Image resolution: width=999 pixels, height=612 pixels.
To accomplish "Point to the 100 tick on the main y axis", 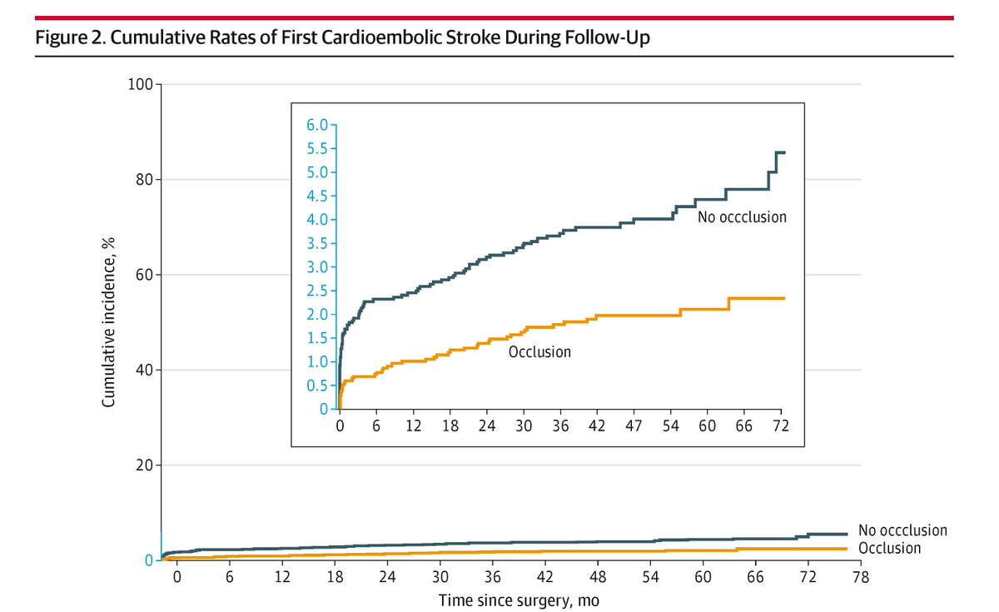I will point(142,84).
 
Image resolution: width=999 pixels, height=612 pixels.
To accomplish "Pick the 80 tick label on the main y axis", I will point(146,180).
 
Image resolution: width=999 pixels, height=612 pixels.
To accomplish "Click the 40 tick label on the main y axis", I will point(146,370).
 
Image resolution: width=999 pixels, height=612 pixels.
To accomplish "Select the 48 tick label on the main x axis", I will point(598,577).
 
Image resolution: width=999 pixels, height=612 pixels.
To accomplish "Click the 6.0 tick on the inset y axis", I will point(318,125).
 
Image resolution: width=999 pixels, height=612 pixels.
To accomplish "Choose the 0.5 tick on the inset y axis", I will point(318,386).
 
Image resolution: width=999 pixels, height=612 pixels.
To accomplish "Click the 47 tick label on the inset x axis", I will point(634,425).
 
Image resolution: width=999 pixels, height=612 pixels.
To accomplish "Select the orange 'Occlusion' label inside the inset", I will point(539,351).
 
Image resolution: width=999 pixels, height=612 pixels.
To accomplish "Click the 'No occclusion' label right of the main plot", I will point(902,530).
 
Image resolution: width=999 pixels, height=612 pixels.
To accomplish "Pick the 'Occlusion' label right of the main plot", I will point(889,548).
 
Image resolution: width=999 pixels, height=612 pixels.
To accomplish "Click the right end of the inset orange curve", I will point(783,298).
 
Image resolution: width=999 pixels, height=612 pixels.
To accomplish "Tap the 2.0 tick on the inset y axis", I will point(318,315).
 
